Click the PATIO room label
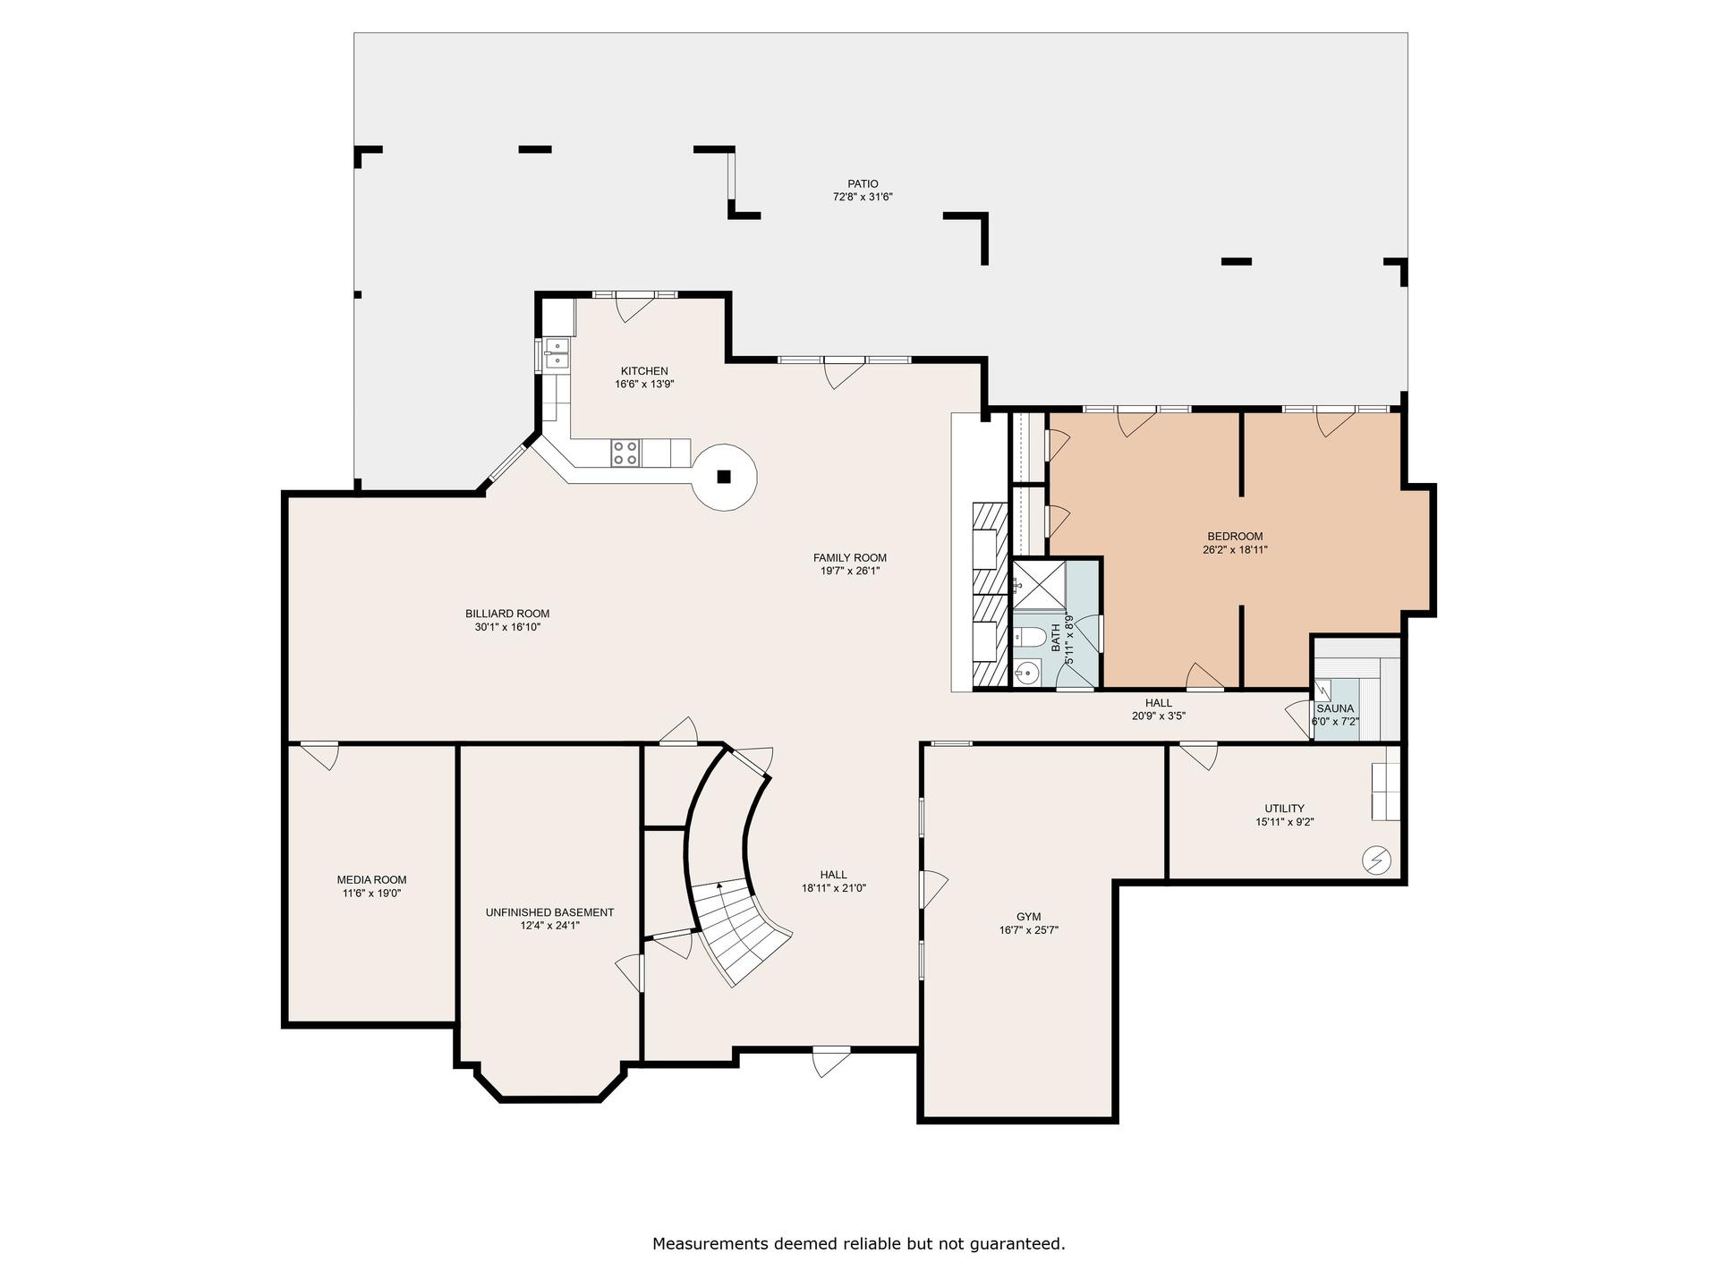pos(863,184)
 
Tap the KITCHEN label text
pos(644,371)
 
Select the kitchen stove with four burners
pos(625,453)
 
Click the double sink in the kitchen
pos(556,352)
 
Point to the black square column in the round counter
pos(726,476)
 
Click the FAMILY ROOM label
pos(850,558)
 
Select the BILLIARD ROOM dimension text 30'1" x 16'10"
pos(507,627)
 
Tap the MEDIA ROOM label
pos(371,880)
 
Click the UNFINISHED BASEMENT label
pos(549,912)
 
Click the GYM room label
pos(1028,917)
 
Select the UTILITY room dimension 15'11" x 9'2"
pos(1284,822)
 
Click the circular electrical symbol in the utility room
pos(1376,860)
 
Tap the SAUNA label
pos(1335,708)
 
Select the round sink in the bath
pos(1027,673)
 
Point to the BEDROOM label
pos(1235,537)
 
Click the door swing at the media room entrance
pos(320,756)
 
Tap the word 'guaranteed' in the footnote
pos(1020,1244)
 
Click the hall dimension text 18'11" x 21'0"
pos(834,888)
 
